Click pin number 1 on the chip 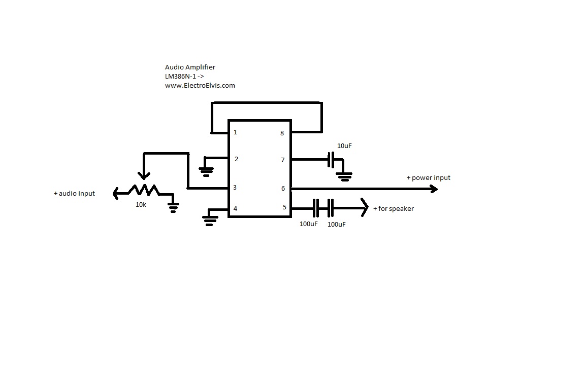tap(235, 132)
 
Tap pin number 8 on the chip tap(282, 133)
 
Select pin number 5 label tap(284, 207)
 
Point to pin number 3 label tap(235, 188)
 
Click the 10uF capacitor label tap(344, 146)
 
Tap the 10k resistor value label tap(140, 204)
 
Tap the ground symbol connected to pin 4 tap(210, 220)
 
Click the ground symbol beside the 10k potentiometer tap(174, 206)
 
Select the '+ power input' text tap(428, 178)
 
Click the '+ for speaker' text tap(393, 208)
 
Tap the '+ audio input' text tap(74, 193)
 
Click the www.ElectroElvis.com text tap(200, 85)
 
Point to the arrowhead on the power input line tap(434, 189)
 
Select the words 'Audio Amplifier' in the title tap(190, 67)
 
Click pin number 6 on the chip tap(283, 188)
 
